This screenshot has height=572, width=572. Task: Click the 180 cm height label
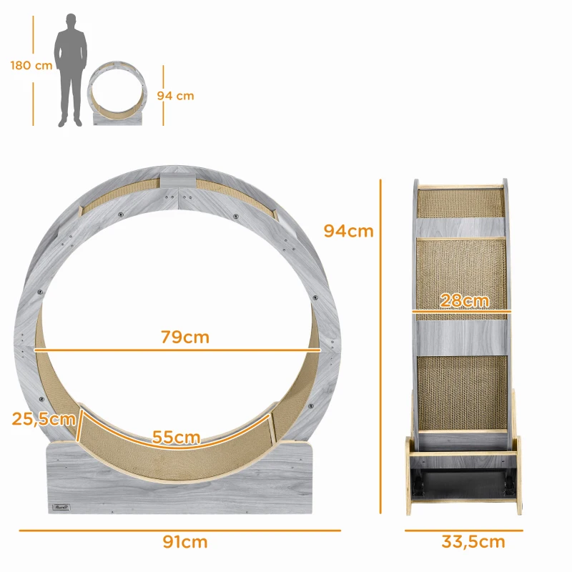pos(31,65)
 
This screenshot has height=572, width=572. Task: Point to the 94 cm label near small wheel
pos(175,96)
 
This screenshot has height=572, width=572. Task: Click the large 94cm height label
pos(348,231)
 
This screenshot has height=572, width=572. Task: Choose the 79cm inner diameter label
pos(184,337)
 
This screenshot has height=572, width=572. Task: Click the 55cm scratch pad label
pos(177,436)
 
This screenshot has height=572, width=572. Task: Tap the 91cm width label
pos(184,542)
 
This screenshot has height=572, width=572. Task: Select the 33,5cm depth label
pos(473,542)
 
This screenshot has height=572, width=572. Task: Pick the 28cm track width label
pos(464,300)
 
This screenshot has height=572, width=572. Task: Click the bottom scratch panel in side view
pos(462,392)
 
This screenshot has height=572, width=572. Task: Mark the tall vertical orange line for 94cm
pos(381,343)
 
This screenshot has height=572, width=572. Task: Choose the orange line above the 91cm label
pos(179,531)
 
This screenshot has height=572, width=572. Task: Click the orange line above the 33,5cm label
pos(463,531)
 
